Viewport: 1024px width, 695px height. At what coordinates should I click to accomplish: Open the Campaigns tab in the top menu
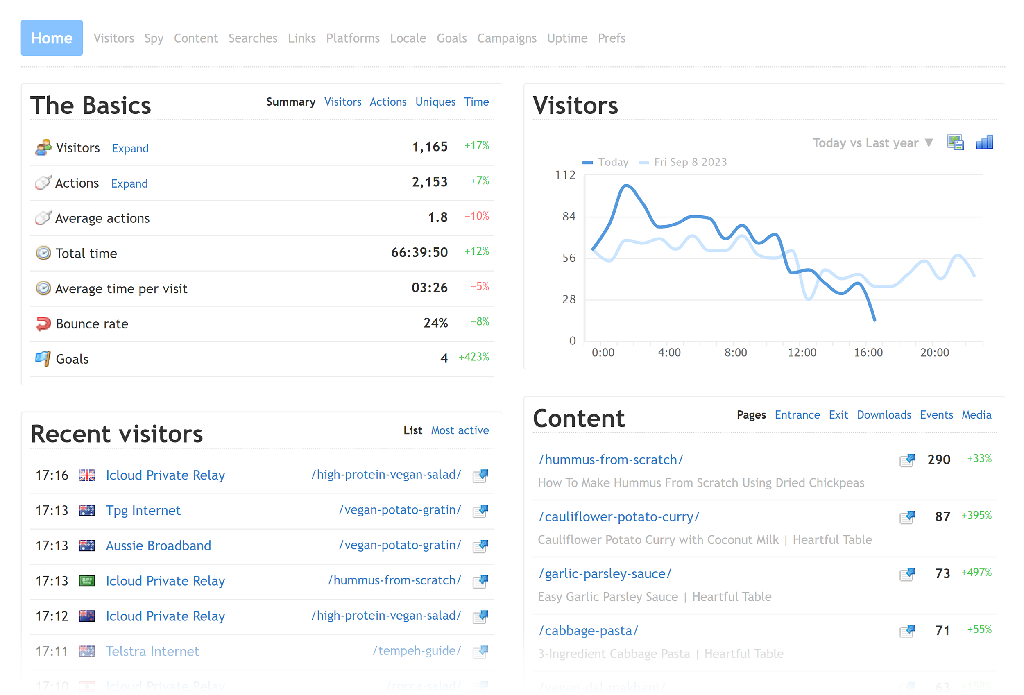[x=507, y=38]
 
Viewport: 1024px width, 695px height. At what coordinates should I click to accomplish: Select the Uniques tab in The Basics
[x=435, y=102]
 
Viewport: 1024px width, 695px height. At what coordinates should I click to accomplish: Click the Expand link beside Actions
[x=129, y=183]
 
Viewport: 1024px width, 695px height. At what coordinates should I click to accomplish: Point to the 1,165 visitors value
[x=430, y=147]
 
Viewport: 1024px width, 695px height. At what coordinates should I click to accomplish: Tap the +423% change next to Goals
[x=473, y=357]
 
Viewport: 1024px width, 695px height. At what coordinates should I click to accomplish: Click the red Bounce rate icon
[x=43, y=324]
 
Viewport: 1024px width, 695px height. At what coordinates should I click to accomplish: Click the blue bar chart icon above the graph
[x=984, y=142]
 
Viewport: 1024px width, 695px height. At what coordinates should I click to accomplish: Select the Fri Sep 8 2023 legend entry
[x=690, y=162]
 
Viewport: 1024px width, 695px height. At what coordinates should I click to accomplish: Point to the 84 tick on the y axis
[x=569, y=216]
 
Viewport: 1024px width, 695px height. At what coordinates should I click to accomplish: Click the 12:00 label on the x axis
[x=802, y=352]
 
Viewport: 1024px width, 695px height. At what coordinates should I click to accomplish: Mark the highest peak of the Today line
[x=626, y=186]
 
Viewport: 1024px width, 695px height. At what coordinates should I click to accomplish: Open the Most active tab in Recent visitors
[x=460, y=430]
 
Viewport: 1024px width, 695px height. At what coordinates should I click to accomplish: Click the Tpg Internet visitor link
[x=143, y=510]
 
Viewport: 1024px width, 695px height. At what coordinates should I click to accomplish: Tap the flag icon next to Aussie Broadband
[x=87, y=546]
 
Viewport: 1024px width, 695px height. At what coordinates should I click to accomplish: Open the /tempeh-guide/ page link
[x=417, y=650]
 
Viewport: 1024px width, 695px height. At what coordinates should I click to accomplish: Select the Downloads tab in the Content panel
[x=884, y=415]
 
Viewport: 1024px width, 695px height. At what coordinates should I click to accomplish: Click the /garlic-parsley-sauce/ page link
[x=605, y=573]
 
